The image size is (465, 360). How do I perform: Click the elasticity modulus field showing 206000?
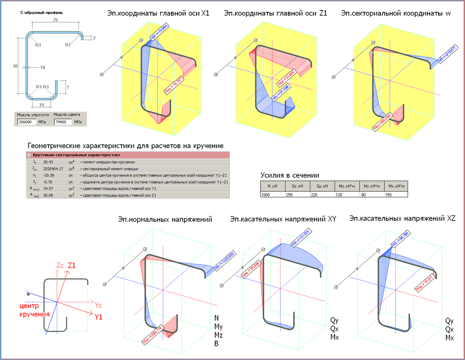point(27,122)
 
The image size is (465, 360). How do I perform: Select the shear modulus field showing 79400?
point(63,122)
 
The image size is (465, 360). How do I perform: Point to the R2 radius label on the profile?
point(68,45)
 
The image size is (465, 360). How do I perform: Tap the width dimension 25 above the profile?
point(55,20)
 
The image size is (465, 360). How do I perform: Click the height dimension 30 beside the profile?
point(15,66)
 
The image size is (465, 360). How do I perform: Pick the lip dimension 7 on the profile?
point(67,86)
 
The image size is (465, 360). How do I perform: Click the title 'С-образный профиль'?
point(42,13)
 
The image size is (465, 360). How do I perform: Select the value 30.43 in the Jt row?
point(48,162)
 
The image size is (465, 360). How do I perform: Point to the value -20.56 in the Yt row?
point(49,175)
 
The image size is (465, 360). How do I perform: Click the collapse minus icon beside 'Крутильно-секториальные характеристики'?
point(30,155)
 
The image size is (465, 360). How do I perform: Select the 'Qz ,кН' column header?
point(297,186)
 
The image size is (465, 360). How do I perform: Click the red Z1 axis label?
point(72,265)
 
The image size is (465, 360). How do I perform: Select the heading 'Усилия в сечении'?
point(290,175)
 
